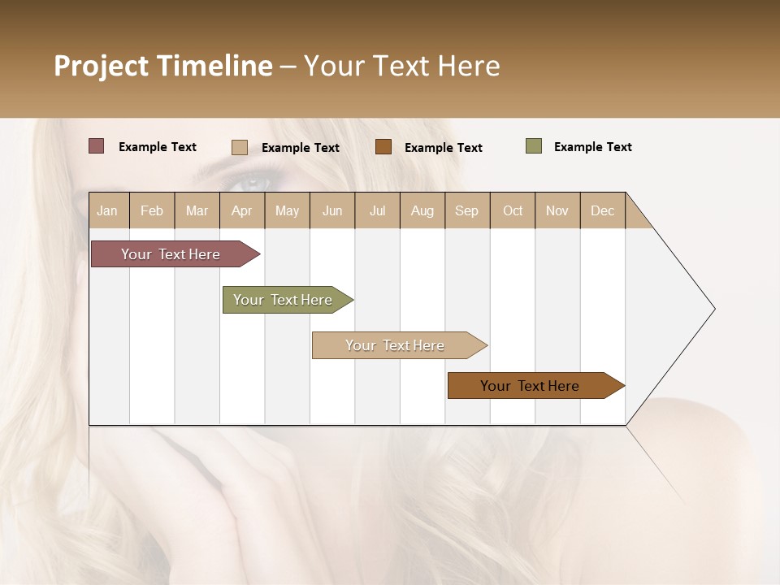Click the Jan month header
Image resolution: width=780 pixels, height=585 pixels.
[108, 210]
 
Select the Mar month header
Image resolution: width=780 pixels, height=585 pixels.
[197, 210]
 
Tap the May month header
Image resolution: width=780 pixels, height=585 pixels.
[287, 210]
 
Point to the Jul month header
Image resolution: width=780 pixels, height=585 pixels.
[377, 210]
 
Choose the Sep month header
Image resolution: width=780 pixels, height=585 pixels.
[466, 210]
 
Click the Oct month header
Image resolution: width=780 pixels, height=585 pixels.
[513, 210]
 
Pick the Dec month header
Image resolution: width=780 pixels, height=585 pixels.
[602, 210]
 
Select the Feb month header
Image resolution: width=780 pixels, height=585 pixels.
[152, 210]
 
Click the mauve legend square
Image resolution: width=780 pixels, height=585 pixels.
[97, 146]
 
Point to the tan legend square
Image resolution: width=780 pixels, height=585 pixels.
[240, 147]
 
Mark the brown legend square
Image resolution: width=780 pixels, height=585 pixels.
[383, 147]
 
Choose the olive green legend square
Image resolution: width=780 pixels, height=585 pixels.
[534, 146]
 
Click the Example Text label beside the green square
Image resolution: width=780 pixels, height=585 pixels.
[592, 147]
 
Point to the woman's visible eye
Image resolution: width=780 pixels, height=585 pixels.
[253, 181]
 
